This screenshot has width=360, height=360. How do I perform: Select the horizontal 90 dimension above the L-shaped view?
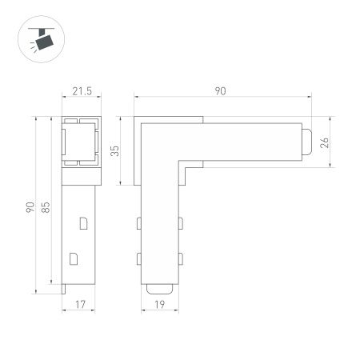(220, 91)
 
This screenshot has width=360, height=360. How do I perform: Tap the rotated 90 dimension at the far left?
(30, 207)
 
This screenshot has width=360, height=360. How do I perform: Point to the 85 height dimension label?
(47, 207)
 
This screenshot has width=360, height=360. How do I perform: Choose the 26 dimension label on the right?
(324, 143)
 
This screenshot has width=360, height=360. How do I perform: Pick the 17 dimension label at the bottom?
(80, 304)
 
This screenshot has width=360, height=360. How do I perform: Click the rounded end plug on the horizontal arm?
(307, 142)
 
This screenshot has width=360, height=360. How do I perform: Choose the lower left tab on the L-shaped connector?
(139, 258)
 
